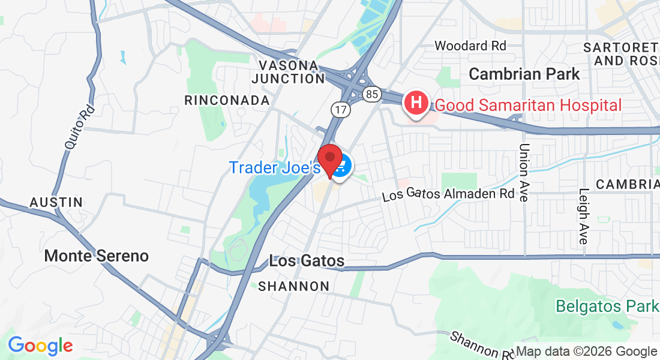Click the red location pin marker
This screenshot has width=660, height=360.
coord(329,160)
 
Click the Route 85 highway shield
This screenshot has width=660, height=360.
coord(371,94)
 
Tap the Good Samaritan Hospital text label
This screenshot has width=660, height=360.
coord(528,106)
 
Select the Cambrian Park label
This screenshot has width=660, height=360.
coord(524,74)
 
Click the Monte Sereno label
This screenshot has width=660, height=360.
coord(96,256)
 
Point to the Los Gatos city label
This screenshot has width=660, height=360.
coord(307,261)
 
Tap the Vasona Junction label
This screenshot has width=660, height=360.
coord(289,72)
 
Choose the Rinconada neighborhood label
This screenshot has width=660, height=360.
coord(227,100)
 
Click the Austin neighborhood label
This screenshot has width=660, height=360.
coord(56,202)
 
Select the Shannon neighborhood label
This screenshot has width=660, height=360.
coord(294,286)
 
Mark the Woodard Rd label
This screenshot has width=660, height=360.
coord(470,46)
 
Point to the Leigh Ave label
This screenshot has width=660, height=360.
coord(583,216)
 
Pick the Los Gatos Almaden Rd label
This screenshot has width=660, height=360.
coord(448,194)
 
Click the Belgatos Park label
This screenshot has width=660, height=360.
coord(606,306)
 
